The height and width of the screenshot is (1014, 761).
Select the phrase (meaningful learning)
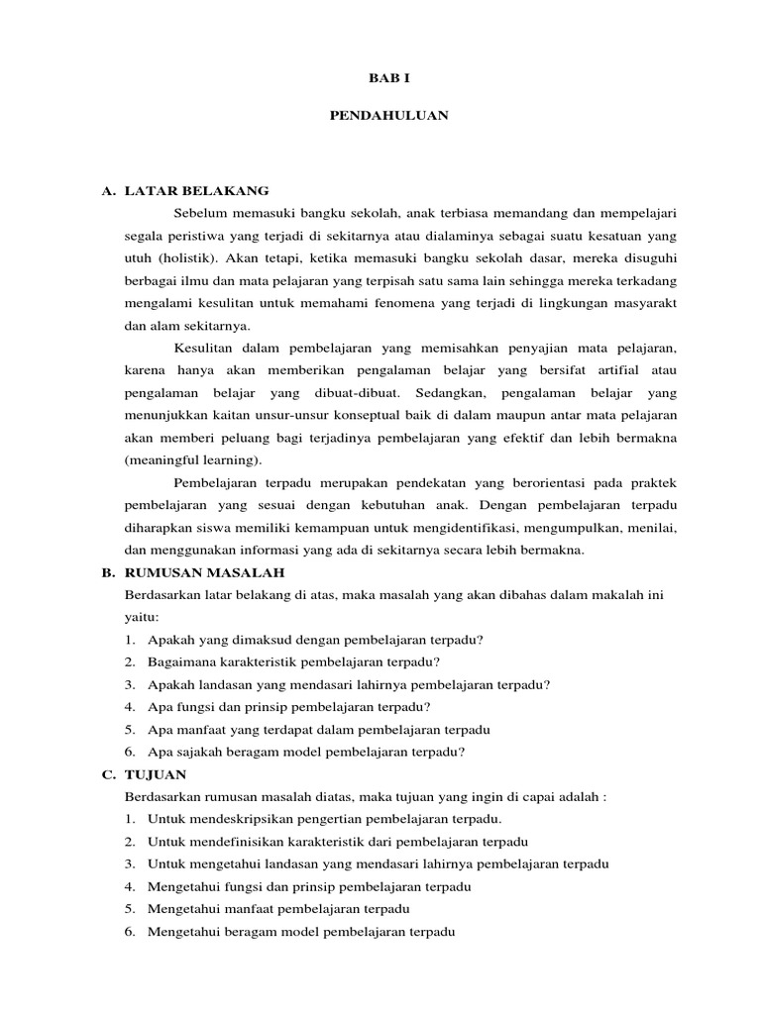point(193,460)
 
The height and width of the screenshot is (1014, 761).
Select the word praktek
point(654,483)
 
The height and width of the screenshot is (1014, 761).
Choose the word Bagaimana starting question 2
point(180,661)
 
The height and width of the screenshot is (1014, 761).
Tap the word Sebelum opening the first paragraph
point(199,213)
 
